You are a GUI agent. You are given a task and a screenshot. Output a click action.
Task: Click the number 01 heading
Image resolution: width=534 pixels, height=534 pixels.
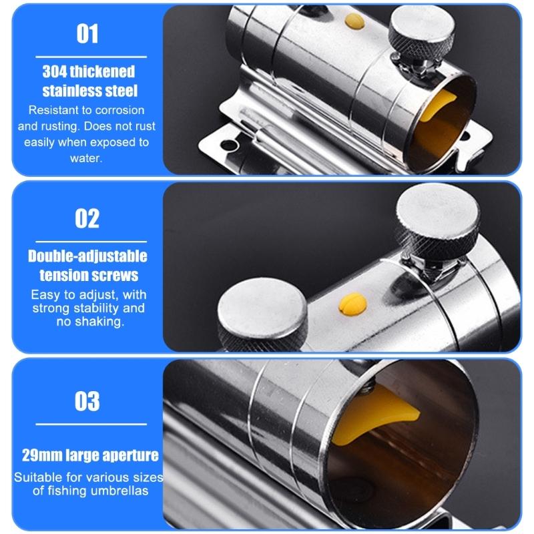tap(87, 34)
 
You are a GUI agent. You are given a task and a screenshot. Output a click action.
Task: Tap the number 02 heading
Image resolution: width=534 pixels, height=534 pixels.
tap(87, 219)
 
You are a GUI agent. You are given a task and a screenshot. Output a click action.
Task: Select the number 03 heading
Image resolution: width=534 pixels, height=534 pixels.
tap(87, 401)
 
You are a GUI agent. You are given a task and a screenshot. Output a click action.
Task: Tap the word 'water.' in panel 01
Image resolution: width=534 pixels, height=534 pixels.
tap(86, 158)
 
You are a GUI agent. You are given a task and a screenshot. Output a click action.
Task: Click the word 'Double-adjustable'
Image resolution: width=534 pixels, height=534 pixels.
tap(87, 256)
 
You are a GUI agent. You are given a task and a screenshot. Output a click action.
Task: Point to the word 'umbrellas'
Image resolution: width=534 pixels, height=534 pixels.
tap(119, 491)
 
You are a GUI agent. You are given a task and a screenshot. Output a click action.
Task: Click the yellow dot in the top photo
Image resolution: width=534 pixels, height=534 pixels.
tap(354, 21)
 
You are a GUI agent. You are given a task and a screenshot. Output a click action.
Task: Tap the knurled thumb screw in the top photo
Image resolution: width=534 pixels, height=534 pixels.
tap(422, 37)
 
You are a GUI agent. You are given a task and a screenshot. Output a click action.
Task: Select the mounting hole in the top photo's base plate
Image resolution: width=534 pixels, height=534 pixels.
tap(229, 146)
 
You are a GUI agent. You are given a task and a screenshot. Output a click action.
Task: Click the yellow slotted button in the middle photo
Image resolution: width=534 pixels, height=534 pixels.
tap(353, 304)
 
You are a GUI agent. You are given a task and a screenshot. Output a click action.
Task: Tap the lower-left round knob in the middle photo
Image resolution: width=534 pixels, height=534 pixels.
tap(262, 314)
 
